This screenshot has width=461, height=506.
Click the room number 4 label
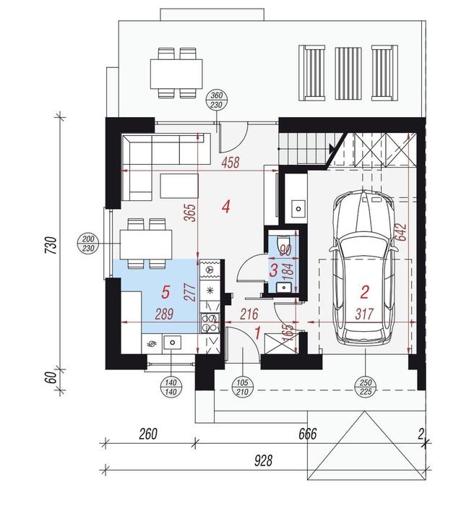[226, 207]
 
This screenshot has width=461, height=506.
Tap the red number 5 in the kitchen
[165, 292]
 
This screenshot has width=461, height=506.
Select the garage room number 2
[364, 292]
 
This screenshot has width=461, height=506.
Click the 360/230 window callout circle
[217, 100]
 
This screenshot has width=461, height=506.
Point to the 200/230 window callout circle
[88, 244]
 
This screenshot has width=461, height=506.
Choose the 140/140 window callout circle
[171, 387]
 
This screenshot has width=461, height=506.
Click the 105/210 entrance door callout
[242, 387]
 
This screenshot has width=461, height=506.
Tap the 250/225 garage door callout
[365, 387]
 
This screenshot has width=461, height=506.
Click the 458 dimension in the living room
[231, 163]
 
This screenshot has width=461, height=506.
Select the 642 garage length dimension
[402, 232]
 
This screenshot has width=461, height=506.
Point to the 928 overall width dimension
[263, 460]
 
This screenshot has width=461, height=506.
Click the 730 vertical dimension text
[51, 245]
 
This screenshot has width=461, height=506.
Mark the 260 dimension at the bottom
[148, 434]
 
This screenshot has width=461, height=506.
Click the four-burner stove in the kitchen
[210, 323]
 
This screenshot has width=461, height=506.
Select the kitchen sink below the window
[172, 342]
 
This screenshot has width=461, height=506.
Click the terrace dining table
[176, 74]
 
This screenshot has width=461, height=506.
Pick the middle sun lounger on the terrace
[348, 74]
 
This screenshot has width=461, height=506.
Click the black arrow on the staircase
[332, 149]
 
